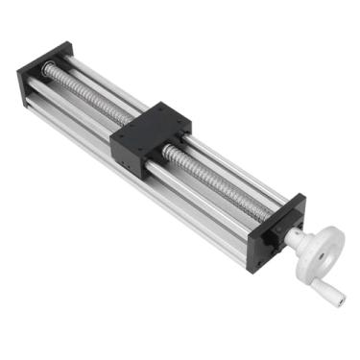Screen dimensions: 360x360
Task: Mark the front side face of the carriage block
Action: [x=134, y=155]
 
